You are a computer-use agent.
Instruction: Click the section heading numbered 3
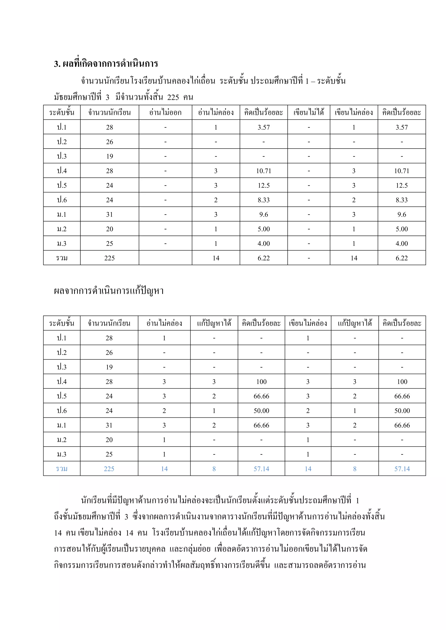(106, 64)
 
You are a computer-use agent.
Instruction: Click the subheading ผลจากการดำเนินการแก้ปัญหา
(109, 291)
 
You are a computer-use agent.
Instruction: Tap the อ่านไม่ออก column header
(165, 112)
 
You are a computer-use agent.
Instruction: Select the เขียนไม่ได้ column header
(309, 112)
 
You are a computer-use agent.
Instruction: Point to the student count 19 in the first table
(110, 156)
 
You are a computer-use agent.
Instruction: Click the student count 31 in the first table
(110, 214)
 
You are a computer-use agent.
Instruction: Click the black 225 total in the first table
(110, 258)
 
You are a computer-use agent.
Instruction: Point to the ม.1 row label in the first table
(62, 214)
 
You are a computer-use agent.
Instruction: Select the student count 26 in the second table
(109, 353)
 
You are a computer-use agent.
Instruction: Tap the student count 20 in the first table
(110, 229)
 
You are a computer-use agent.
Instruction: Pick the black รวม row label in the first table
(62, 258)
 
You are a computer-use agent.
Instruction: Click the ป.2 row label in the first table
(62, 142)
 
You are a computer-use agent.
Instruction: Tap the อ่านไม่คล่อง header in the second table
(164, 323)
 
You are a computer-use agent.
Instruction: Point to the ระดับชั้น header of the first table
(62, 112)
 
